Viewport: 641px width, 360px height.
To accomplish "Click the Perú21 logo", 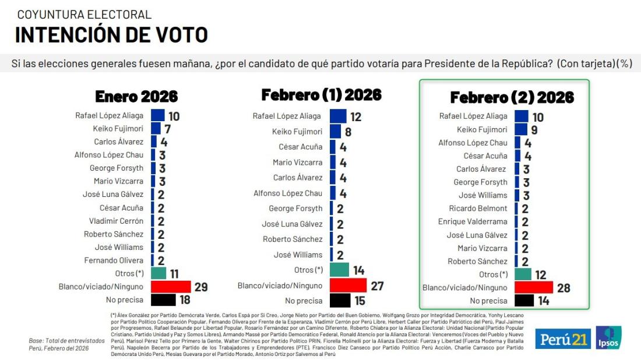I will point(562,338).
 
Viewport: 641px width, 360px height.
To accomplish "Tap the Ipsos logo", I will point(608,338).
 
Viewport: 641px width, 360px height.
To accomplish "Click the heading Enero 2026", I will point(136,96).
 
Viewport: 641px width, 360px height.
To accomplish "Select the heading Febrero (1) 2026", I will point(321,95).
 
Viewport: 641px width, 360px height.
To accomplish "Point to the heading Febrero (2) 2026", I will point(512,97).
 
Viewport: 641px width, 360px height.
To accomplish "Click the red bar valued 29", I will point(171,287).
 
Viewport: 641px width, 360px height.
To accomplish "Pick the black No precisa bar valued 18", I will point(163,300).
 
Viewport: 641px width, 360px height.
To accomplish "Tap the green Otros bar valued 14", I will point(339,270).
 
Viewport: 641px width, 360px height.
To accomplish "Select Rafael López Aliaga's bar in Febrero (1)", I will point(338,116).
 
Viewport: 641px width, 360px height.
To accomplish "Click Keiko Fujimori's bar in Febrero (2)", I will point(521,129).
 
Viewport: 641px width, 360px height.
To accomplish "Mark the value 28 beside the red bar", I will point(563,288).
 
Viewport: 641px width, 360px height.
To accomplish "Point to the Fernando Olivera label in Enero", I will point(114,260).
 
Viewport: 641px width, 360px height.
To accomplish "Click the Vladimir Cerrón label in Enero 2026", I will point(116,221).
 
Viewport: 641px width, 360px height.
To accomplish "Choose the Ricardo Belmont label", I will point(478,209).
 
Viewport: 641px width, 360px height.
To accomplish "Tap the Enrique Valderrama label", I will point(473,222).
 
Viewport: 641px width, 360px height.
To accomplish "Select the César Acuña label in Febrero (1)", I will point(300,147).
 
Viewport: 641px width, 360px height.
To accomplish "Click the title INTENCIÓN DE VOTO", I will point(111,35).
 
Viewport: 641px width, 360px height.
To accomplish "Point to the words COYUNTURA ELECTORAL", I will point(84,15).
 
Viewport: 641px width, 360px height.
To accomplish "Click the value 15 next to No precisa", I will point(359,301).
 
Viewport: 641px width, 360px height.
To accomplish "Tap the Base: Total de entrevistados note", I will point(66,340).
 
